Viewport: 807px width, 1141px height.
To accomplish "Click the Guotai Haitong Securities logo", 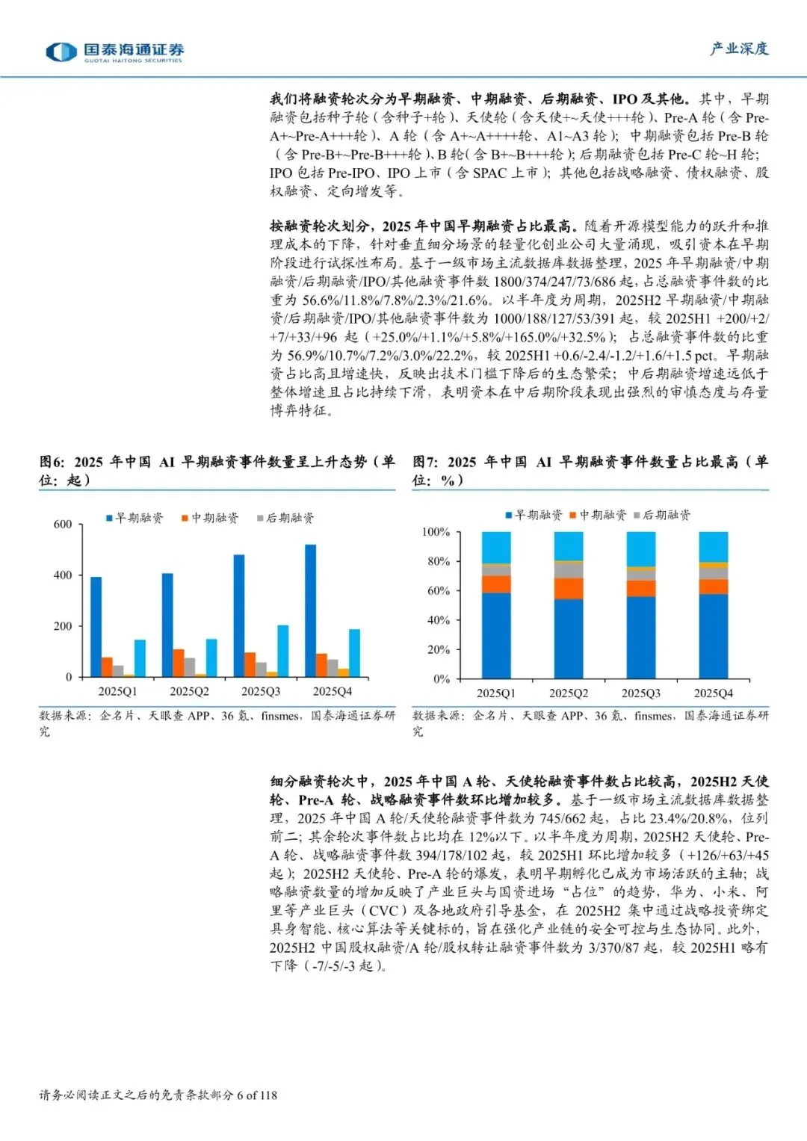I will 114,52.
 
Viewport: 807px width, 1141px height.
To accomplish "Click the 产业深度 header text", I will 739,49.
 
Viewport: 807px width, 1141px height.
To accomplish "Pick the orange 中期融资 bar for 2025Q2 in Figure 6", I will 179,663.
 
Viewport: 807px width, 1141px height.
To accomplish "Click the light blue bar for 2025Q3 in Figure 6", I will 283,650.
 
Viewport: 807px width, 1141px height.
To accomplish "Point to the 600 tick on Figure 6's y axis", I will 63,525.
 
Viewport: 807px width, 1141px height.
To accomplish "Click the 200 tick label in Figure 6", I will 63,626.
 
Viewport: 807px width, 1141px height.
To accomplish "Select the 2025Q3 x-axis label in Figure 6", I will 260,692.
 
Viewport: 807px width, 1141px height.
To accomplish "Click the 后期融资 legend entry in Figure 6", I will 285,518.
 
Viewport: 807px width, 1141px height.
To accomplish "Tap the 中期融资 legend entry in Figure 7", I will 598,515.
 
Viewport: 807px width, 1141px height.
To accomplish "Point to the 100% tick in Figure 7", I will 436,532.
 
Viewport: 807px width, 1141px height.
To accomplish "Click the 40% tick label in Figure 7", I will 438,620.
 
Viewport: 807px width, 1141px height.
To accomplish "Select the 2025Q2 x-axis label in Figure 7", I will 569,693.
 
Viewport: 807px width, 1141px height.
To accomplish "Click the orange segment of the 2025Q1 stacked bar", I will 496,584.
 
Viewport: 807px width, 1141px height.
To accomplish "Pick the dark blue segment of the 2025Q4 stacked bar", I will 713,636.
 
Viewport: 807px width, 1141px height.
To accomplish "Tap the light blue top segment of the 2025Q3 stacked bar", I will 640,548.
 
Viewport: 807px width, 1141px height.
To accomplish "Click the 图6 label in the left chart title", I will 52,463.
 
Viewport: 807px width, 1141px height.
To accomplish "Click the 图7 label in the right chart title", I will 425,463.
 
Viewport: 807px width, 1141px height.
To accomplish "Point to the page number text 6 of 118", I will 256,1095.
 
